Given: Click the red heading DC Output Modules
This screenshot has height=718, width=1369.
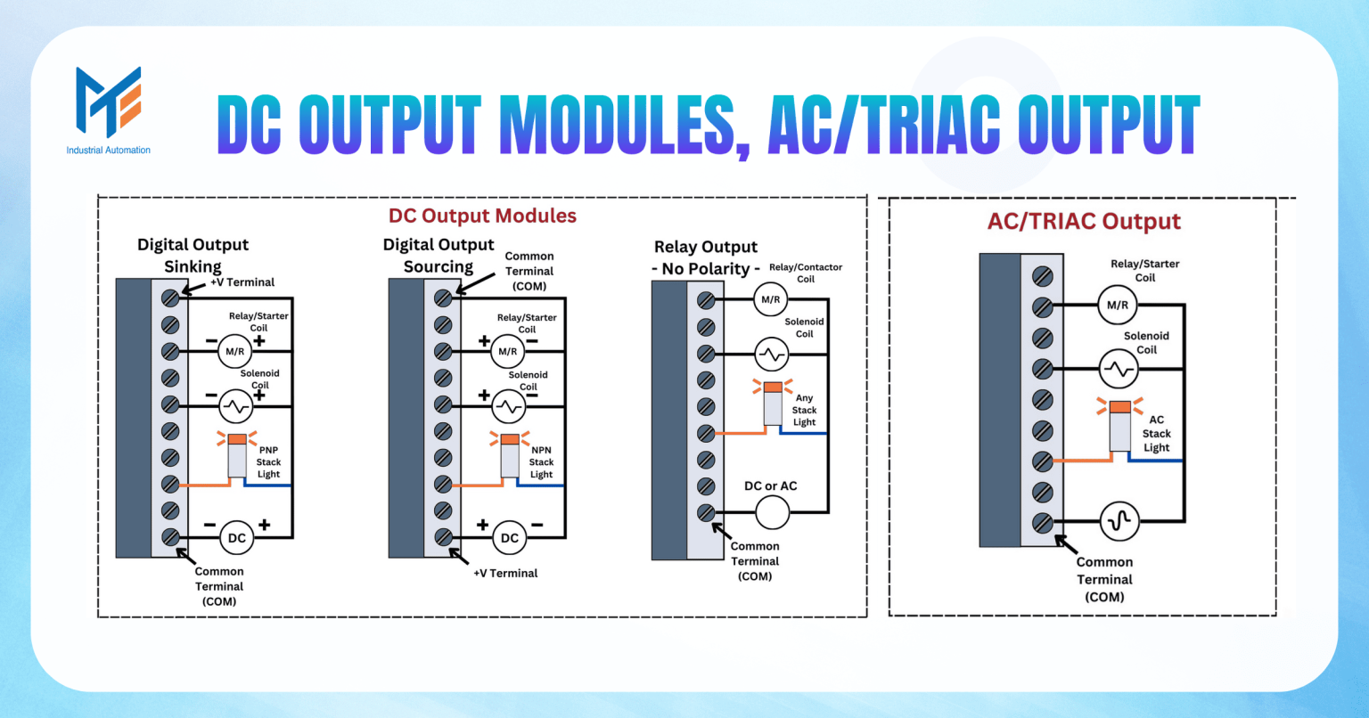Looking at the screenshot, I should pyautogui.click(x=482, y=216).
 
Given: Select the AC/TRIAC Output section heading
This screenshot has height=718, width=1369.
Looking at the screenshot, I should pyautogui.click(x=1084, y=221).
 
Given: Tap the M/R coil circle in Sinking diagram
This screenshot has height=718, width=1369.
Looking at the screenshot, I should pyautogui.click(x=235, y=351).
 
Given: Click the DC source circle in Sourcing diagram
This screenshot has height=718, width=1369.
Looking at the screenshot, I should pyautogui.click(x=510, y=537).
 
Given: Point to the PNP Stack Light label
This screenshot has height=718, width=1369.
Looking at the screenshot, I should pyautogui.click(x=268, y=462).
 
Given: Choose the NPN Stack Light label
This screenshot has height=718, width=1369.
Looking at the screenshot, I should pyautogui.click(x=541, y=462).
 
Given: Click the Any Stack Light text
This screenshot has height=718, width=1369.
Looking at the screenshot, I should pyautogui.click(x=804, y=411).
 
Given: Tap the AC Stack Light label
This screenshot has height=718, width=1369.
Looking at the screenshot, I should pyautogui.click(x=1156, y=434).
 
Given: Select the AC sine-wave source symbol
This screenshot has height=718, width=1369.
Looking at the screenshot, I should pyautogui.click(x=1119, y=521).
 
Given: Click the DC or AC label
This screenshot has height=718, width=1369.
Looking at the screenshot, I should pyautogui.click(x=771, y=485).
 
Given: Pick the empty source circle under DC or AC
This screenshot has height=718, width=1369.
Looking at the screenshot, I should pyautogui.click(x=773, y=512).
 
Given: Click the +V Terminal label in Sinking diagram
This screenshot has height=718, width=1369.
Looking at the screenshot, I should pyautogui.click(x=242, y=282).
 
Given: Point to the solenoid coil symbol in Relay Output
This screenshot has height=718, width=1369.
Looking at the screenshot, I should pyautogui.click(x=772, y=355).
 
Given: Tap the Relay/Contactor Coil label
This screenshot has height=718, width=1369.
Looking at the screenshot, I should pyautogui.click(x=806, y=273).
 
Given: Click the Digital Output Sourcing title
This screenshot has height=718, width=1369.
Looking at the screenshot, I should pyautogui.click(x=439, y=256).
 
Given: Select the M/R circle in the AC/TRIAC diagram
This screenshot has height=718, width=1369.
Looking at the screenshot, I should pyautogui.click(x=1118, y=305).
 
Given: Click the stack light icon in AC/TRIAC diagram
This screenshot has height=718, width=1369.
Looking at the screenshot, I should pyautogui.click(x=1120, y=426).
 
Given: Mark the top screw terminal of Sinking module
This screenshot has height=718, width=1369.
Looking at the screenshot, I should pyautogui.click(x=170, y=298).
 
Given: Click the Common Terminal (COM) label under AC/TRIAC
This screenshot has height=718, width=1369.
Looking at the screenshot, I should pyautogui.click(x=1104, y=579).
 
